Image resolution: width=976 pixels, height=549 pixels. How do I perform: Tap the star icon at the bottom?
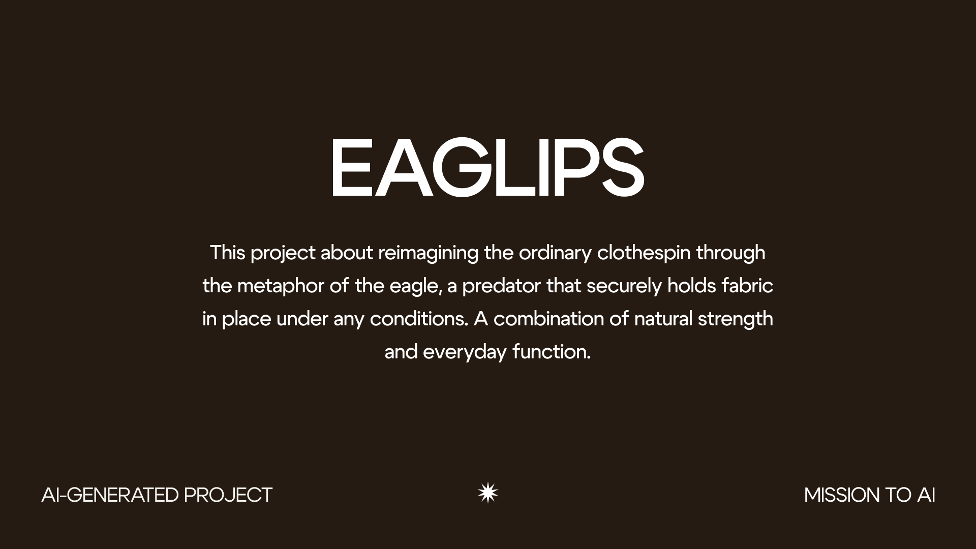pos(488,493)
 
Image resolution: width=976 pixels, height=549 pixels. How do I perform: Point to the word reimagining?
pos(428,253)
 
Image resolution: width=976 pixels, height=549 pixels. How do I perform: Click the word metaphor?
pos(281,286)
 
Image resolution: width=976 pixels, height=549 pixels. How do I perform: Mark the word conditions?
pos(418,319)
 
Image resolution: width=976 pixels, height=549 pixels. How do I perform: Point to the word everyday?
pos(465,352)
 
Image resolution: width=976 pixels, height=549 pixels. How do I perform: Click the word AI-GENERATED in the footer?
pos(110,495)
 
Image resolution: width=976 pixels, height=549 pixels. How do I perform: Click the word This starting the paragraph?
pos(228,253)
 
